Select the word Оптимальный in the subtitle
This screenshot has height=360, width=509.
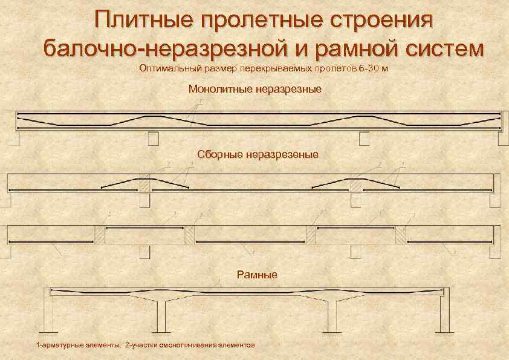point(168,68)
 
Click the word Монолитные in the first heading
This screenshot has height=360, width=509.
point(218,90)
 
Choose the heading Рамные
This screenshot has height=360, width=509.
point(256,275)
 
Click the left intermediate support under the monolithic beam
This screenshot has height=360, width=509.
point(153,139)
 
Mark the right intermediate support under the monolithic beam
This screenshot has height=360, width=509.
point(365,139)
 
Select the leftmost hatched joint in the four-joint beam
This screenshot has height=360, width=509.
point(100,235)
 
